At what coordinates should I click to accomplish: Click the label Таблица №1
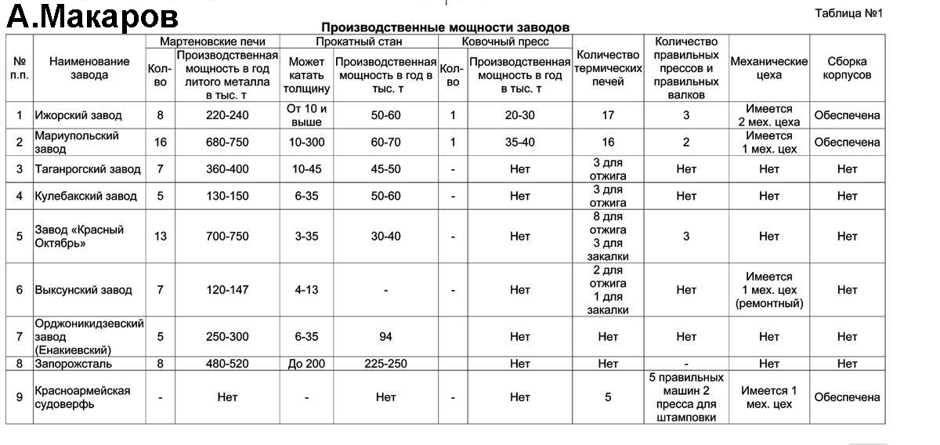click(x=848, y=13)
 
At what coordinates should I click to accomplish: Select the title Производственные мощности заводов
click(x=445, y=27)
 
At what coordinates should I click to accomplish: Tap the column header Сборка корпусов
click(x=847, y=68)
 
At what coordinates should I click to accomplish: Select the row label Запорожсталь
click(x=74, y=364)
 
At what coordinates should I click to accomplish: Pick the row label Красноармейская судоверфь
click(x=81, y=397)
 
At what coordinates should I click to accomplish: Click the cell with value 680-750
click(x=227, y=143)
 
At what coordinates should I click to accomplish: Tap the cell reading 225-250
click(x=385, y=364)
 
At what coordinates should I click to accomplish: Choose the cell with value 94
click(x=385, y=337)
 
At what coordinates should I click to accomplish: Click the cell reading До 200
click(x=306, y=364)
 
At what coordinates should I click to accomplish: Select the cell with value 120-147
click(x=227, y=290)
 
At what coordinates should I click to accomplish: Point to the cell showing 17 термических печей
click(x=608, y=115)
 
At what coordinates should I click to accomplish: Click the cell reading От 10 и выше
click(x=306, y=115)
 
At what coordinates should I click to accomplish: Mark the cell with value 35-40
click(x=519, y=143)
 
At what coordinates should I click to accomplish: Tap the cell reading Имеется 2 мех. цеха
click(x=768, y=115)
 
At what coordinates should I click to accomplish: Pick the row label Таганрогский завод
click(x=87, y=169)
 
